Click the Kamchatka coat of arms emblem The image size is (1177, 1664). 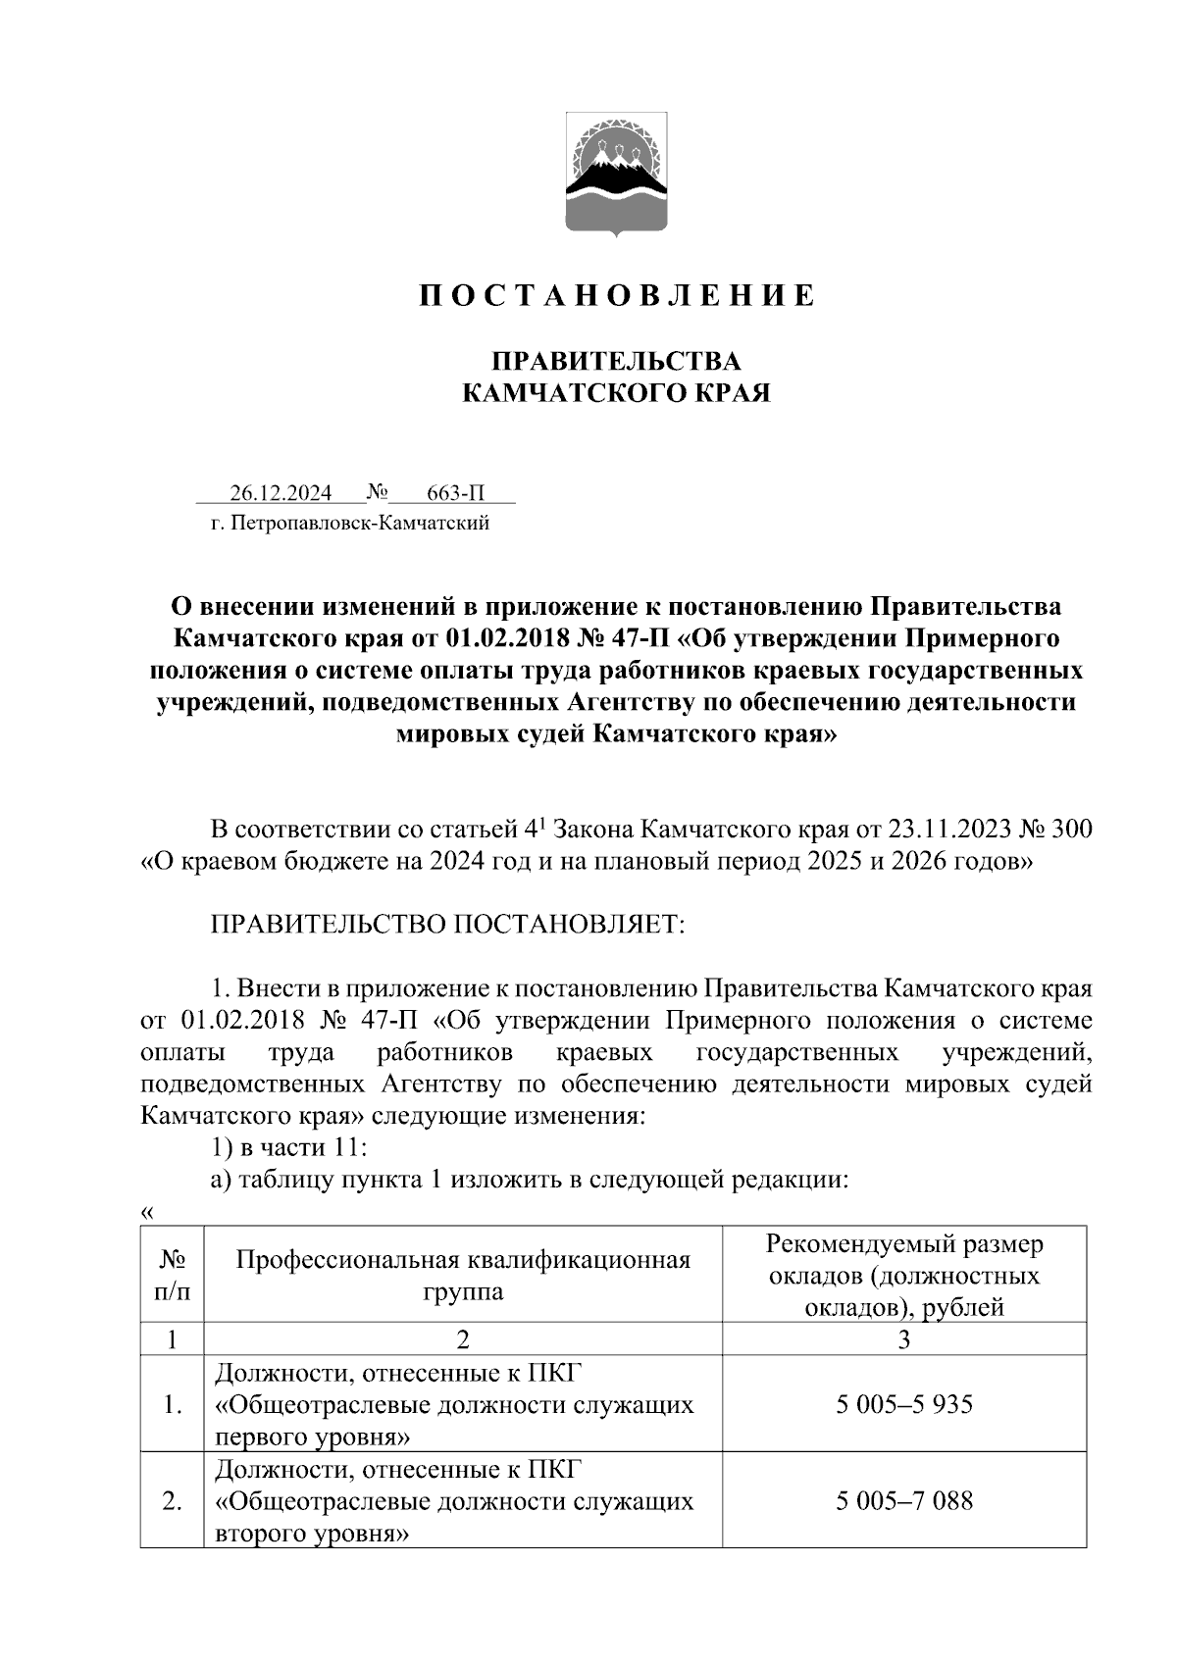pyautogui.click(x=616, y=175)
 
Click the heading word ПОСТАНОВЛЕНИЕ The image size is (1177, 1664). pyautogui.click(x=616, y=296)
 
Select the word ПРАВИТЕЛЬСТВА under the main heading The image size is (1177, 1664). pyautogui.click(x=616, y=361)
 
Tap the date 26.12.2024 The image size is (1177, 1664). pyautogui.click(x=281, y=492)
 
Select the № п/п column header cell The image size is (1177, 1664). pyautogui.click(x=172, y=1274)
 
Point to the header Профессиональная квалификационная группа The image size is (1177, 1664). pyautogui.click(x=463, y=1275)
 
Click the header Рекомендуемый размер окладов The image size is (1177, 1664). pyautogui.click(x=904, y=1260)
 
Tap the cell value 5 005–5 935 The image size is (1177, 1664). pyautogui.click(x=904, y=1405)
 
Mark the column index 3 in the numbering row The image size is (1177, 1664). pyautogui.click(x=904, y=1339)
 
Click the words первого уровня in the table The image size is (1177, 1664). pyautogui.click(x=310, y=1437)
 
